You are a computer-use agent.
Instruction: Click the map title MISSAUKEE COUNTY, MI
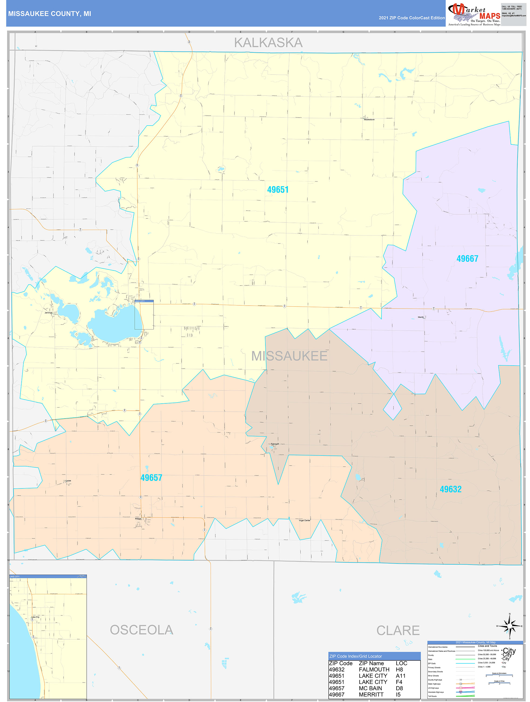(49, 14)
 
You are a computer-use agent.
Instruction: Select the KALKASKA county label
(268, 43)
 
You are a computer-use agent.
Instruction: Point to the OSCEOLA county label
(141, 630)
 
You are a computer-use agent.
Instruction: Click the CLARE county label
(398, 631)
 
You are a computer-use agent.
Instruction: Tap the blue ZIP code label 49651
(278, 190)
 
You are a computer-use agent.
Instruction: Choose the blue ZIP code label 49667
(467, 259)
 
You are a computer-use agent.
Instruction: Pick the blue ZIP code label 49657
(151, 478)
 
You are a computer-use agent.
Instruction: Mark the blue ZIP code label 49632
(450, 489)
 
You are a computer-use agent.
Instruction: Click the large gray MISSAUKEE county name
(289, 356)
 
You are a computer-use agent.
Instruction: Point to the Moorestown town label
(369, 120)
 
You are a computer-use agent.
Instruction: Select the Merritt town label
(420, 317)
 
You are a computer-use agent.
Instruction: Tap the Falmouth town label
(275, 444)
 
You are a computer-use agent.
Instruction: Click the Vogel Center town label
(304, 521)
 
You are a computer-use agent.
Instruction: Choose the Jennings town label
(49, 313)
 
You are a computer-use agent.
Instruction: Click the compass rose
(510, 626)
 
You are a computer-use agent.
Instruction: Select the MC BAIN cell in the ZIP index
(370, 688)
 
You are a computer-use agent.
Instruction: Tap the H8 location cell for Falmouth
(399, 670)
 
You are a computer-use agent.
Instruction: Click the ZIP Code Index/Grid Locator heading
(356, 656)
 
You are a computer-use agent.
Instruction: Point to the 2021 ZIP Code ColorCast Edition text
(412, 18)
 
